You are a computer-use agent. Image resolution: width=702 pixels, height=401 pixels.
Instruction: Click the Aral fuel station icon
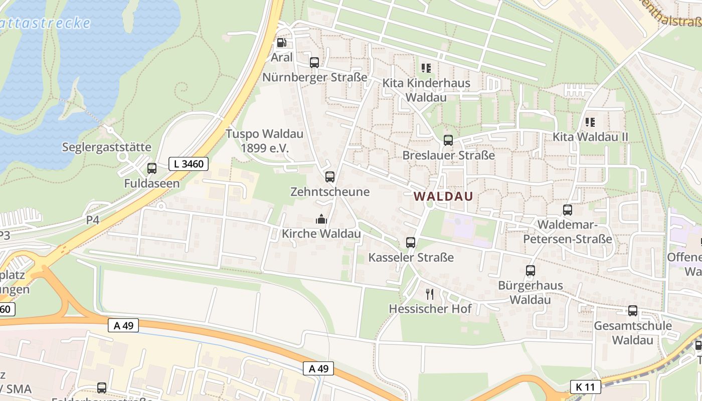tap(282, 43)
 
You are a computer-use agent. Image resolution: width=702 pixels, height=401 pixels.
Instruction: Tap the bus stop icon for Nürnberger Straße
tap(314, 63)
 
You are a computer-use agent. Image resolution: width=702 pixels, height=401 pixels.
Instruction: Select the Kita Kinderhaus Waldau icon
tap(426, 68)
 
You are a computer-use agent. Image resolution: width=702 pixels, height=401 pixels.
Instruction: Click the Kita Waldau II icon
tap(590, 122)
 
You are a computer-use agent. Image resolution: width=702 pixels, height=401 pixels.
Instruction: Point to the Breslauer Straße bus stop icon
tap(448, 140)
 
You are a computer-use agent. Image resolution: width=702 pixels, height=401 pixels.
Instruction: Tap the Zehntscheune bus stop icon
tap(330, 177)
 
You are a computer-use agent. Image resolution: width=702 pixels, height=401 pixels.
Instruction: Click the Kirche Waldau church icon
tap(321, 219)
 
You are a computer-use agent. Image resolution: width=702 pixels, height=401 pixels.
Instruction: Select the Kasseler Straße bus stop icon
tap(411, 243)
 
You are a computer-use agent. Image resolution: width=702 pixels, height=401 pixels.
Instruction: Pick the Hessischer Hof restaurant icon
tap(430, 294)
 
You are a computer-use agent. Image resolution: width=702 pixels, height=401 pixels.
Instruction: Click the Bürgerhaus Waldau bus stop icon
tap(531, 271)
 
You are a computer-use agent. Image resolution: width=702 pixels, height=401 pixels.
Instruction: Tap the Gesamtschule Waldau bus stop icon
tap(633, 311)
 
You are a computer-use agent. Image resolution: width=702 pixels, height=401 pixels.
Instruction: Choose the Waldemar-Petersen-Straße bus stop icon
tap(568, 210)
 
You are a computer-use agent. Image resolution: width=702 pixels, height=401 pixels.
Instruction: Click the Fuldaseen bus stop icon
tap(152, 168)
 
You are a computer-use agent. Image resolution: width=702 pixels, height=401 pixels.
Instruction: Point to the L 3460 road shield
tap(189, 164)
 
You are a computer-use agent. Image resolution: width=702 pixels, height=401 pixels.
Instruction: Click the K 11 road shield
tap(585, 387)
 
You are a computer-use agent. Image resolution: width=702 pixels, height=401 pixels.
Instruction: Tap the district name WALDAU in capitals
tap(444, 196)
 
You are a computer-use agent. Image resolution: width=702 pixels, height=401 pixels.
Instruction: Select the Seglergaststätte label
tap(107, 147)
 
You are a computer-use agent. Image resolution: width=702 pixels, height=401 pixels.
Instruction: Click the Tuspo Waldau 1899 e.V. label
tap(265, 141)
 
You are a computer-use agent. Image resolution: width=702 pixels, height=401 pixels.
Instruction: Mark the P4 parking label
tap(93, 220)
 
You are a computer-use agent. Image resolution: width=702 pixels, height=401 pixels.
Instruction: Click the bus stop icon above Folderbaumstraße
tap(102, 387)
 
